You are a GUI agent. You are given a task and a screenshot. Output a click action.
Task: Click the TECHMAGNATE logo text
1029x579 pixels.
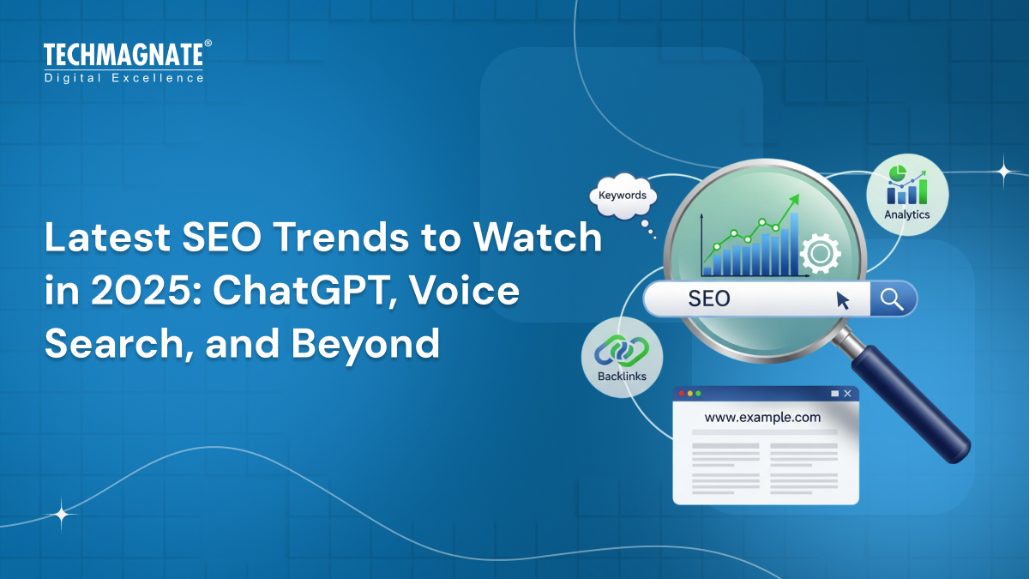[x=123, y=56]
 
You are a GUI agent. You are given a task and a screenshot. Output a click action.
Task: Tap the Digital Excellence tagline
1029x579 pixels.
[x=123, y=78]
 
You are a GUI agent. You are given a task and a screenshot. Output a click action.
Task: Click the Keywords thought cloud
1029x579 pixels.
[x=623, y=196]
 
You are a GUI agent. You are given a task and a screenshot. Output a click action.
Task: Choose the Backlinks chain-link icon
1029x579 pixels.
[x=622, y=350]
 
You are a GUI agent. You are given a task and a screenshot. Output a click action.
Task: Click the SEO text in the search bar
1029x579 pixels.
[x=709, y=299]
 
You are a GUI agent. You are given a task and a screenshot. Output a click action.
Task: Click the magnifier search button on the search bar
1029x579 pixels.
[x=892, y=299]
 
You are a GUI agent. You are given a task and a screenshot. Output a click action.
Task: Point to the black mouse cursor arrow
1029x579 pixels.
[x=843, y=299]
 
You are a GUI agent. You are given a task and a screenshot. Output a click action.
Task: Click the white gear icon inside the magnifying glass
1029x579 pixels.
[x=819, y=254]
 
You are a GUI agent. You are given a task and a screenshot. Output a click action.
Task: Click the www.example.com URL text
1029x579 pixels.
[x=762, y=418]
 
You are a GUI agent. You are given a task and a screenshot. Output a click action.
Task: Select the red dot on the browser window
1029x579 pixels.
[x=682, y=394]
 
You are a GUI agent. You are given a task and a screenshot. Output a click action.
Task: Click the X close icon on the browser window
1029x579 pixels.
[x=847, y=394]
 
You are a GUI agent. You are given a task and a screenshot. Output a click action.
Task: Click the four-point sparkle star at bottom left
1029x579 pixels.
[x=62, y=515]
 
